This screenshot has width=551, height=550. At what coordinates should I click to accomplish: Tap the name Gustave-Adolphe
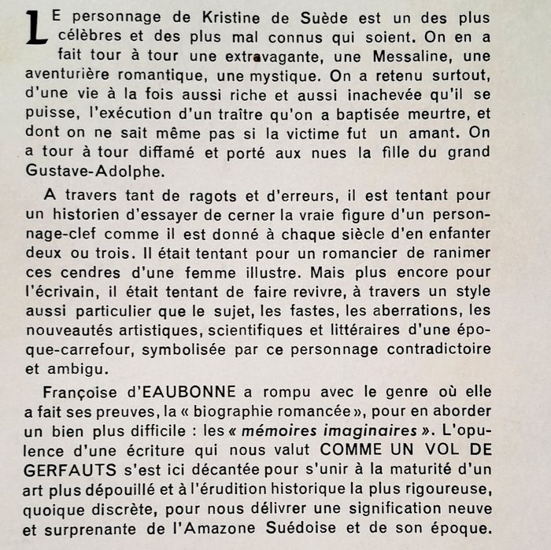(x=102, y=170)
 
